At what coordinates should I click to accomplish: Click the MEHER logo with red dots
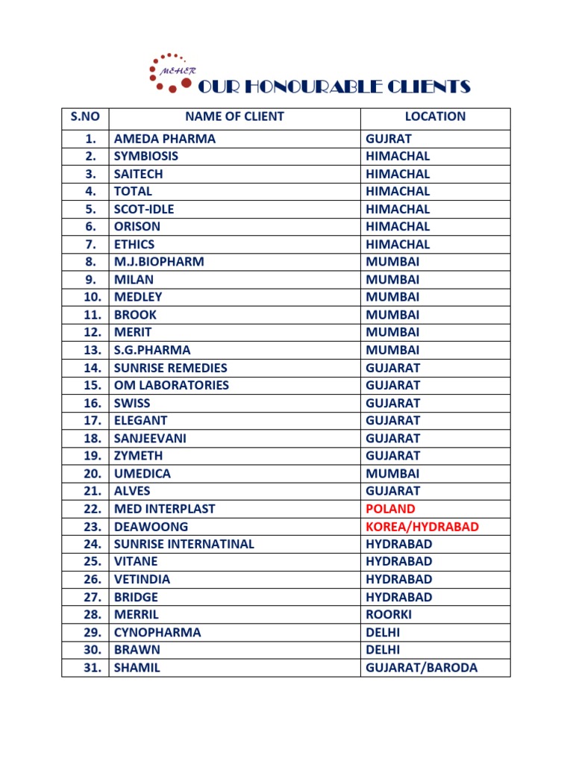point(171,72)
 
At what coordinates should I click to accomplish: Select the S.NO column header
point(85,116)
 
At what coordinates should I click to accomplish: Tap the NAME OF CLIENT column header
point(234,116)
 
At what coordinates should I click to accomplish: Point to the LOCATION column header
point(435,116)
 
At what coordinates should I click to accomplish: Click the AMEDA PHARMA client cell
point(164,139)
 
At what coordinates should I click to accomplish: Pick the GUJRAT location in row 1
point(389,139)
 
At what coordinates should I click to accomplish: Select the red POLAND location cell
point(390,509)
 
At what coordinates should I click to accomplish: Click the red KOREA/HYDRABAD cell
point(422,527)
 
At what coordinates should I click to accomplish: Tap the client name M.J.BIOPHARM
point(159,262)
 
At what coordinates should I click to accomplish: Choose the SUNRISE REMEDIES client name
point(170,368)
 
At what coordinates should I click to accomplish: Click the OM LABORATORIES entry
point(171,385)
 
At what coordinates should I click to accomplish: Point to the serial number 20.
point(92,474)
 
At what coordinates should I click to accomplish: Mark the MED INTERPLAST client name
point(164,509)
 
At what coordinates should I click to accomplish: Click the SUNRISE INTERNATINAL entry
point(184,544)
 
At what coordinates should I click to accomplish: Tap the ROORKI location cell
point(389,615)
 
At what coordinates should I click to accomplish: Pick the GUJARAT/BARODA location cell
point(422,668)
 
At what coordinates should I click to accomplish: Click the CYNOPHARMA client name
point(157,633)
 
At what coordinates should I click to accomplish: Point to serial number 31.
point(92,668)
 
